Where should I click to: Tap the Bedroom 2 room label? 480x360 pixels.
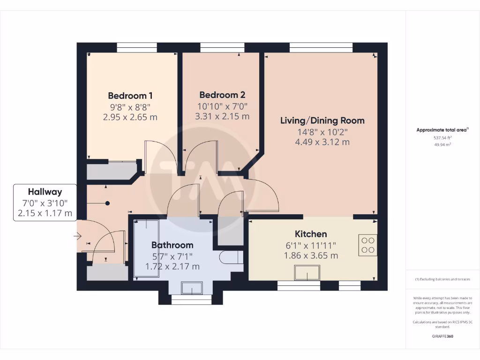pos(222,95)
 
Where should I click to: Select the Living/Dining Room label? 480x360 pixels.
pos(322,120)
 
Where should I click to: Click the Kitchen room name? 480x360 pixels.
pos(311,234)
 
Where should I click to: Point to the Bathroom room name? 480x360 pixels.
pos(172,245)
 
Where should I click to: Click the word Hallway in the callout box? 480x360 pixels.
pos(45,192)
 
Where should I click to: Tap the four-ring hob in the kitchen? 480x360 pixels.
pos(367,245)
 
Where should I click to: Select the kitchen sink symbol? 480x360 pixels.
pos(307,272)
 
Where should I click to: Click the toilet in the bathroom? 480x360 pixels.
pos(231,257)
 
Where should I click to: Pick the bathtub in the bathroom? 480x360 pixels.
pos(146,249)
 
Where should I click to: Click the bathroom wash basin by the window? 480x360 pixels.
pos(192,288)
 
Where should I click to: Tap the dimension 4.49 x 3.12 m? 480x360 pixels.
pos(322,142)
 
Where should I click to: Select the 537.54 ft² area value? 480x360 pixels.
pos(443,138)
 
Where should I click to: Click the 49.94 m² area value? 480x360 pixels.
pos(443,145)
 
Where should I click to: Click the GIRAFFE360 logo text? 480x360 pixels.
pos(443,336)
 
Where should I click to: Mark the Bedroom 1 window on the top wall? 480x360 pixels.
pos(137,47)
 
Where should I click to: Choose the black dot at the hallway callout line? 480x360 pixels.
pos(107,203)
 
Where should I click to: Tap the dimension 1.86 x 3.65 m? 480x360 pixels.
pos(311,255)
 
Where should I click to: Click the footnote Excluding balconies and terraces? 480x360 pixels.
pos(442,279)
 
